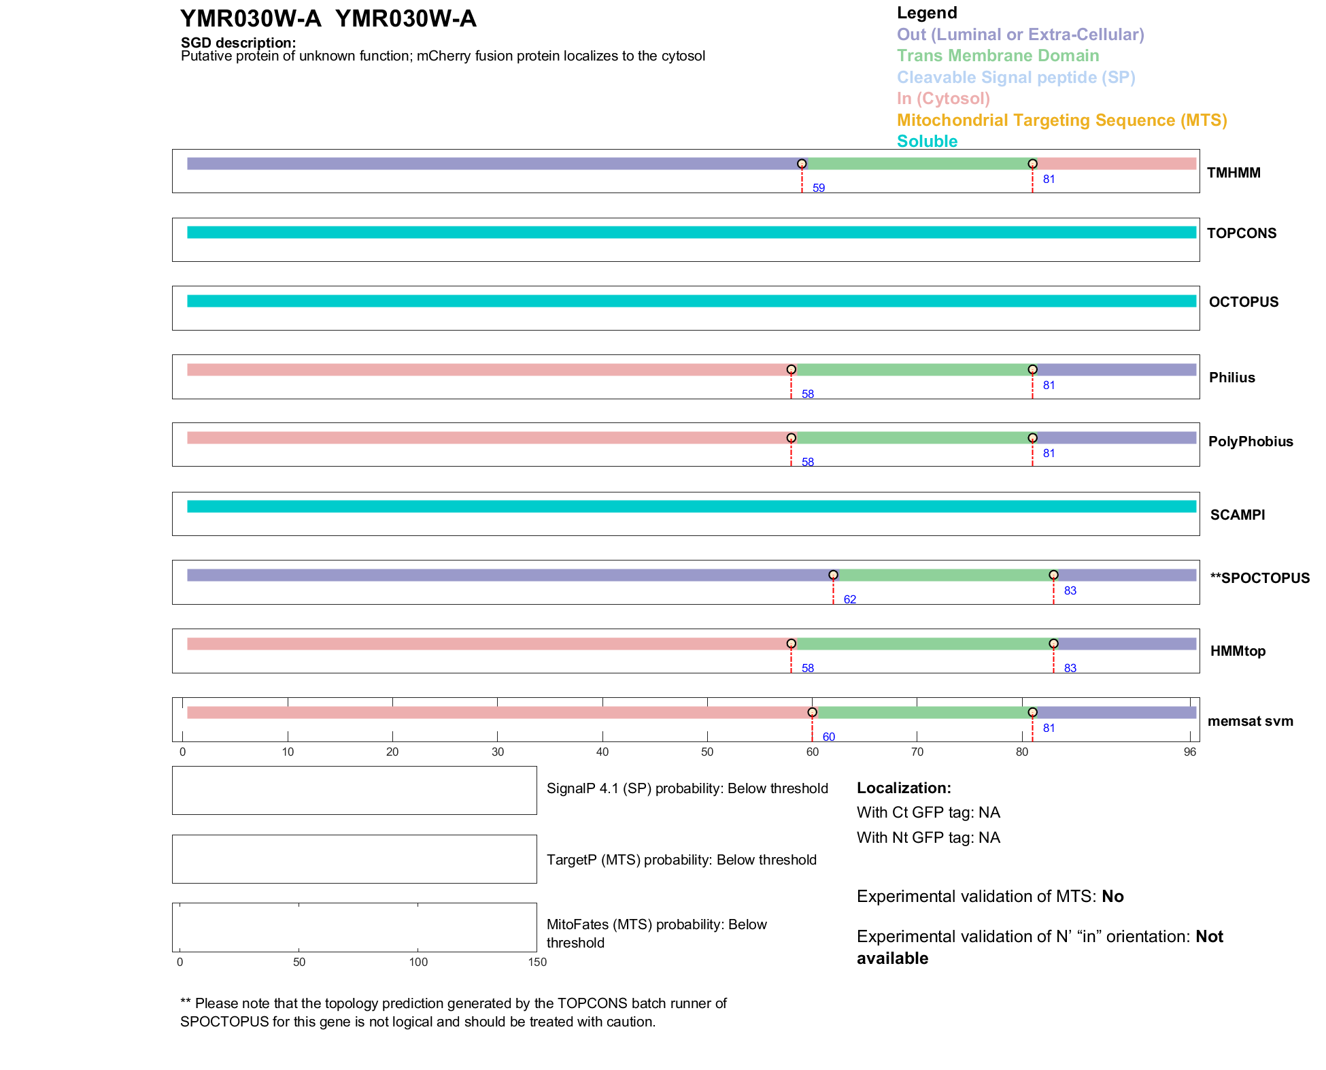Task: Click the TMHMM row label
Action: pos(1233,173)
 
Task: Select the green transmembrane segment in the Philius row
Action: pos(911,370)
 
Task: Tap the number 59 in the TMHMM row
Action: pos(818,188)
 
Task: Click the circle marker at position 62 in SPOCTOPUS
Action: pos(833,575)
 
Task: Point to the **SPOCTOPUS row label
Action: pos(1259,578)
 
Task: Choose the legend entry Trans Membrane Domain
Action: pos(998,56)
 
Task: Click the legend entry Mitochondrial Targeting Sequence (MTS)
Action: pos(1061,120)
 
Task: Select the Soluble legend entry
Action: pos(927,141)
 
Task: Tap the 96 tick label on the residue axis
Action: pos(1189,752)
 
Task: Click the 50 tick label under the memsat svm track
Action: pos(707,752)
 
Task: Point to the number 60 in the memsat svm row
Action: pos(828,737)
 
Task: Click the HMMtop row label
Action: pos(1238,652)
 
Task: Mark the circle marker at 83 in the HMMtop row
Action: pos(1053,643)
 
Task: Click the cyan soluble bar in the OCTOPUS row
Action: pos(691,301)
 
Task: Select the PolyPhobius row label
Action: pos(1251,441)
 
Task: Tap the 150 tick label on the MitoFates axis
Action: pos(537,963)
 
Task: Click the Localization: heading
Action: pos(904,788)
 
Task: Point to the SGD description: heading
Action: pos(238,43)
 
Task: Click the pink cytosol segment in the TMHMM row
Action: pos(1115,164)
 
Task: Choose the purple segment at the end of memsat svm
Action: pos(1115,713)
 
